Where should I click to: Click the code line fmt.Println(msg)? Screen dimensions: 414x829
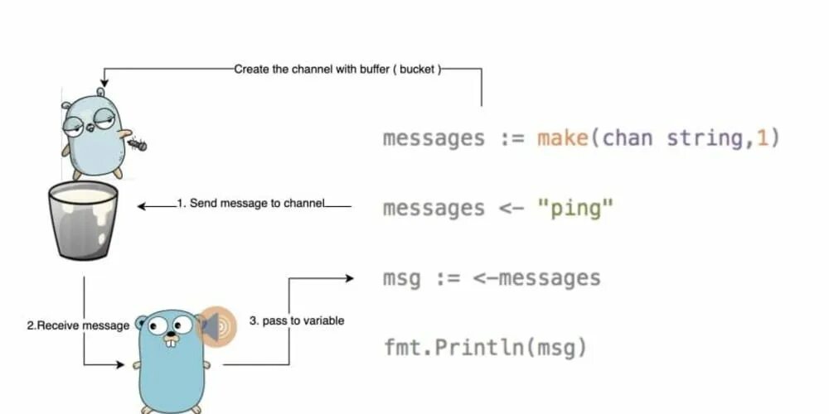(x=485, y=348)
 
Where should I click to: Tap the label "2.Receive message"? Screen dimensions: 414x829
(x=78, y=325)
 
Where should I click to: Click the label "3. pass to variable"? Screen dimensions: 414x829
(x=297, y=320)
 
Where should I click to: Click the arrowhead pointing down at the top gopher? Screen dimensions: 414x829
(x=102, y=90)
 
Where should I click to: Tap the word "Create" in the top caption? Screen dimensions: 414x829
(x=252, y=70)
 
